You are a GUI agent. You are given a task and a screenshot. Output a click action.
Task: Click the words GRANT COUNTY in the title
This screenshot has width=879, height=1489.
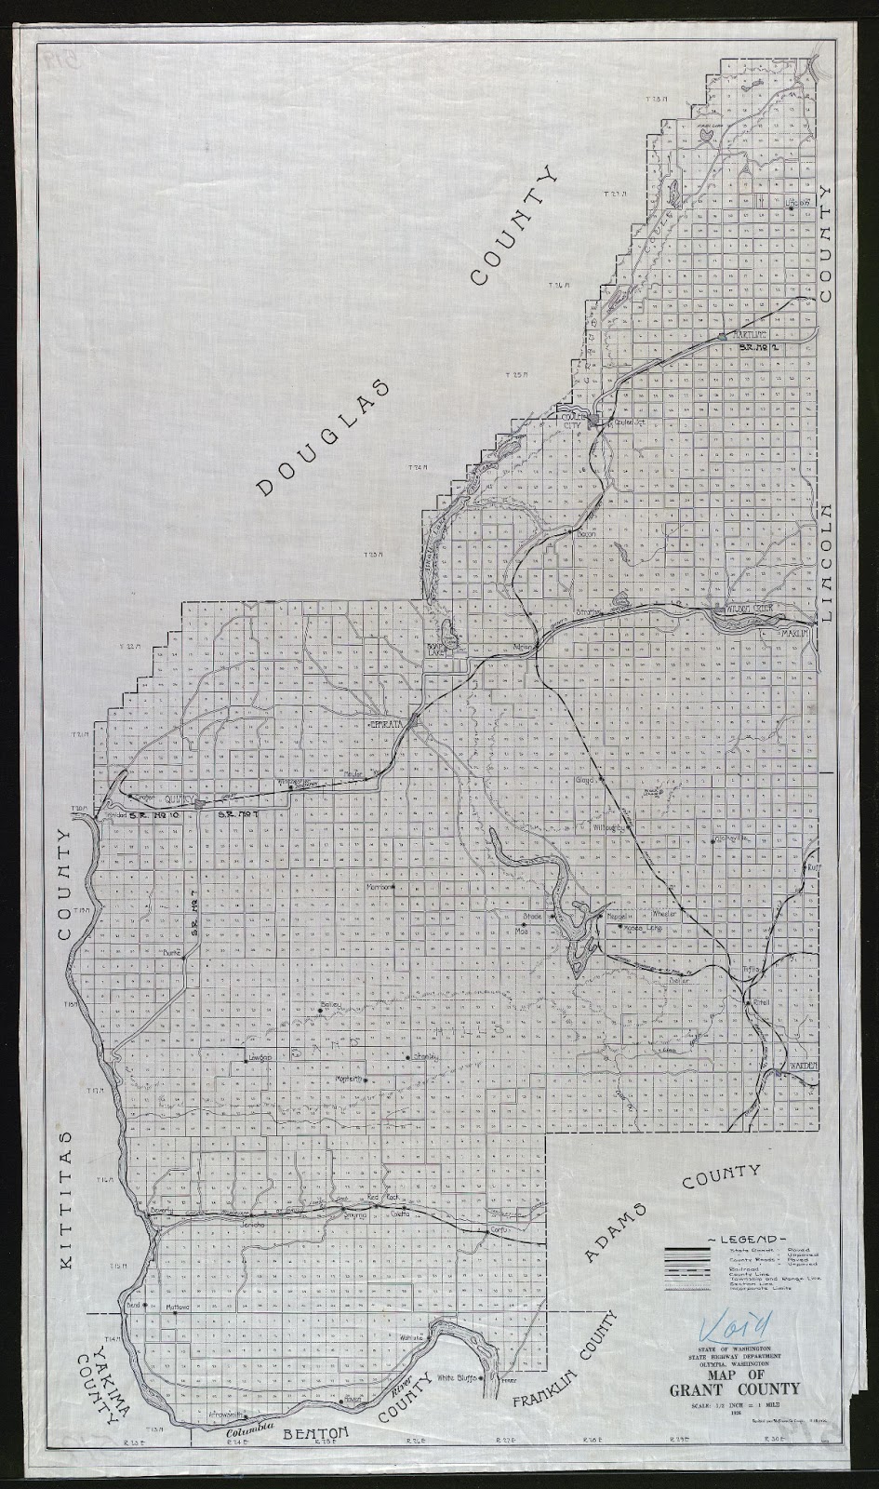pos(742,1390)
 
